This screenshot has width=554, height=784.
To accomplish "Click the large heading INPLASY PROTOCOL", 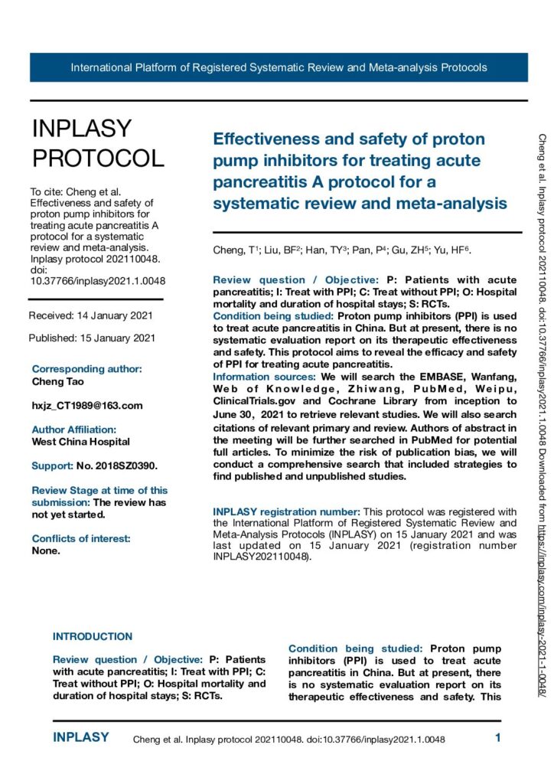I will [x=97, y=143].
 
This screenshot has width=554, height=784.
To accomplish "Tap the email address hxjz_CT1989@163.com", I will [x=87, y=405].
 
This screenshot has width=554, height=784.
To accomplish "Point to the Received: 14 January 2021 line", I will [x=91, y=315].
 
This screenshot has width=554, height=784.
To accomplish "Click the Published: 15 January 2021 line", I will [x=93, y=338].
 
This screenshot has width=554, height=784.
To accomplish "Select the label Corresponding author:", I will [x=86, y=369].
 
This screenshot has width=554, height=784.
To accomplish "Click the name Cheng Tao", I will [x=58, y=381].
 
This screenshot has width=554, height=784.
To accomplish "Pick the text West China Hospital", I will [x=80, y=441].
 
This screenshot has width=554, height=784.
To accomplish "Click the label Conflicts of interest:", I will [x=81, y=538].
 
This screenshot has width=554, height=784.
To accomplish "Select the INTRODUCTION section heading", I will [x=92, y=636].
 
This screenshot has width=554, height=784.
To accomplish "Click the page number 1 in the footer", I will [x=497, y=739].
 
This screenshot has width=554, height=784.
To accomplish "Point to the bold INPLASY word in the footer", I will [x=81, y=738].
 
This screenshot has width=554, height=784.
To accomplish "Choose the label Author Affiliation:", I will [x=73, y=430].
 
